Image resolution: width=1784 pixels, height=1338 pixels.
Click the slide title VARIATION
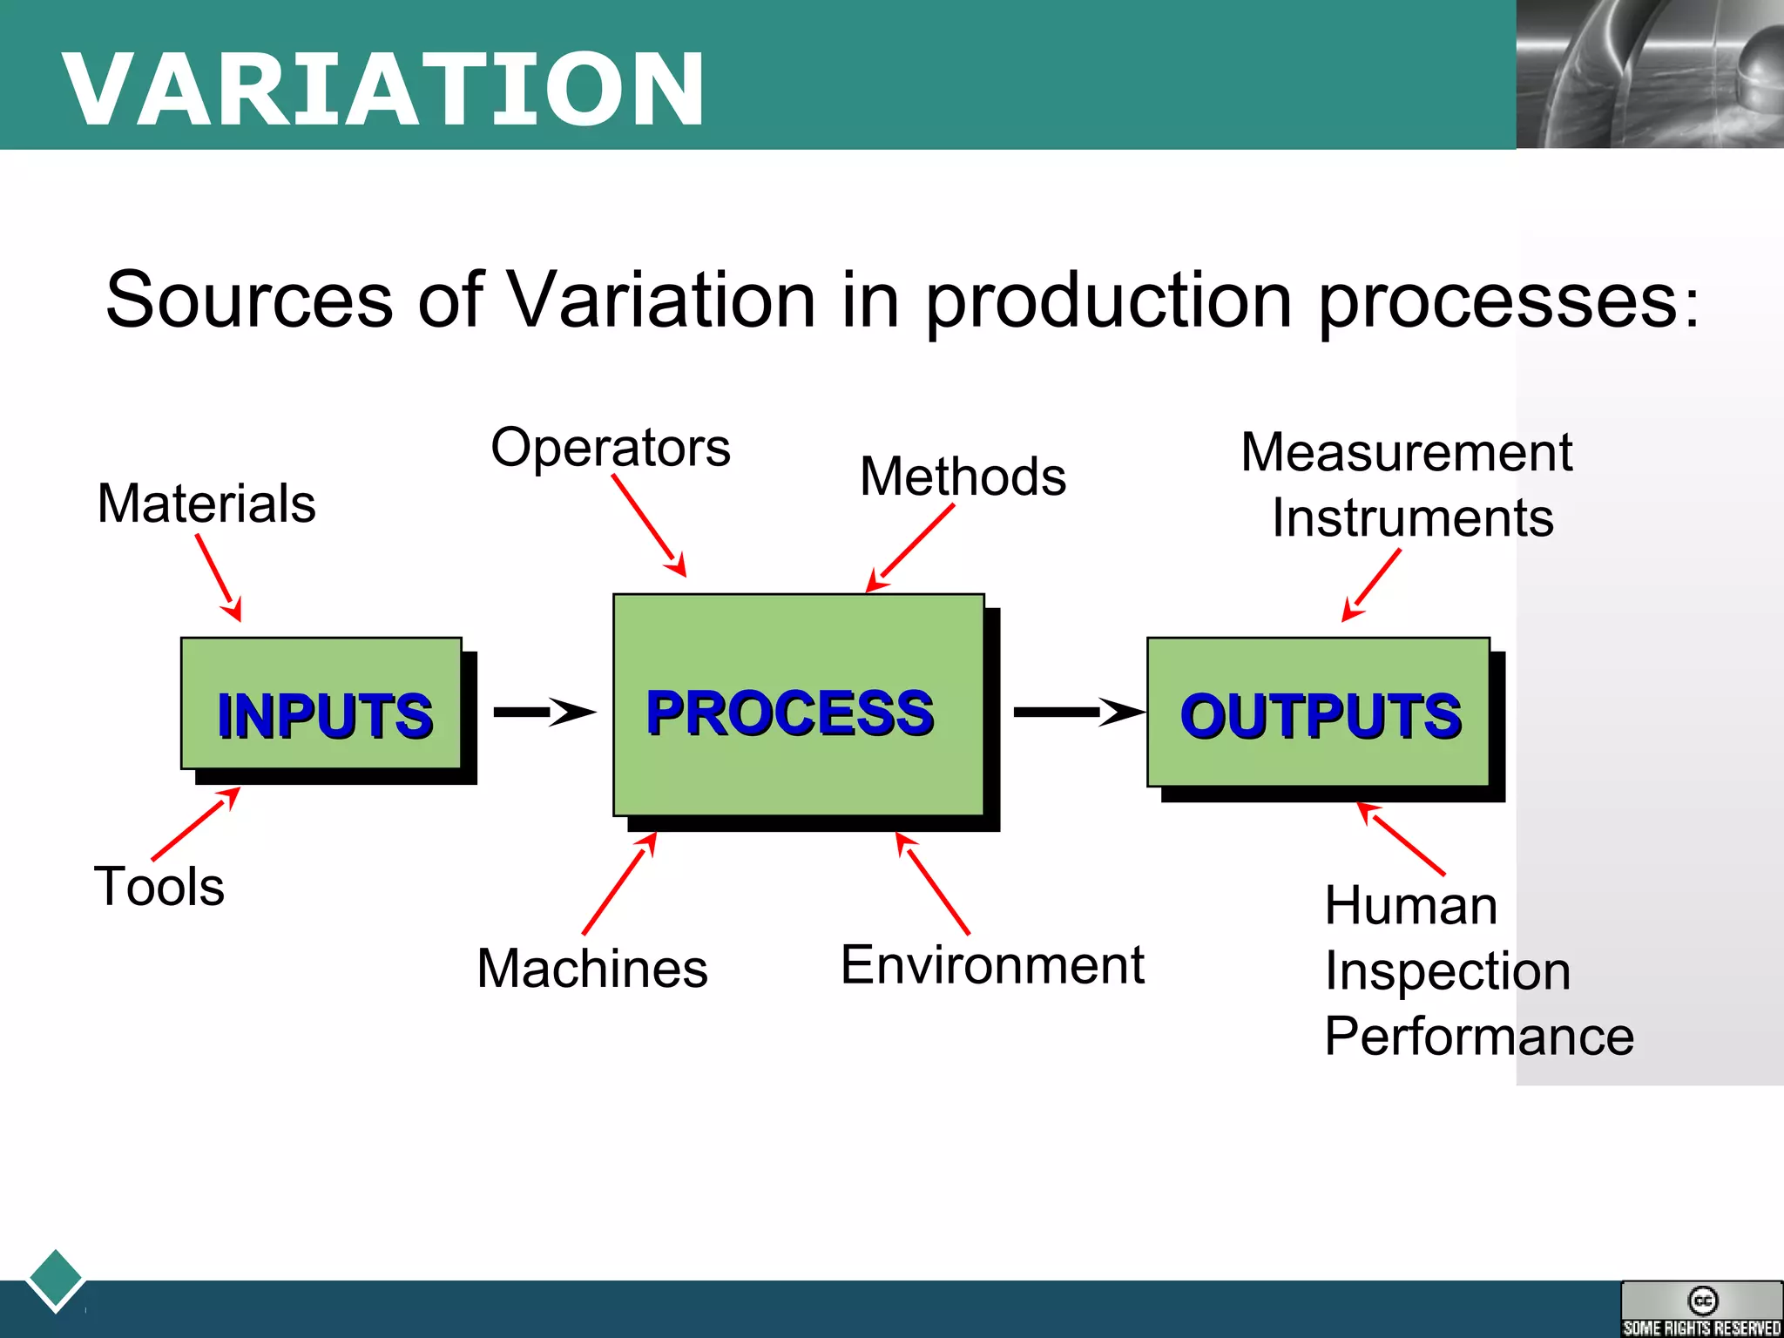(x=383, y=89)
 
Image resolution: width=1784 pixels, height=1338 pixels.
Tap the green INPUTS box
(x=321, y=704)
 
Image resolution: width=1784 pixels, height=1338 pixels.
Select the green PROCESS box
(x=798, y=706)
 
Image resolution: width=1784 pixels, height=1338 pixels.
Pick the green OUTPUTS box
(x=1318, y=713)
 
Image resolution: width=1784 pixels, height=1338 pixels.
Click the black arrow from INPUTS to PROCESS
(x=544, y=712)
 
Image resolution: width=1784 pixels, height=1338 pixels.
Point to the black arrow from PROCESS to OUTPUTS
(x=1078, y=712)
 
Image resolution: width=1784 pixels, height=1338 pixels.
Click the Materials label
(x=206, y=503)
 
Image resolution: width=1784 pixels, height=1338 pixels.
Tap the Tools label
(x=159, y=886)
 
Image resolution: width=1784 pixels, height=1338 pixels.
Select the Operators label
(x=611, y=448)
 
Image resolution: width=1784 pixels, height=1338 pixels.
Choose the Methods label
(x=963, y=476)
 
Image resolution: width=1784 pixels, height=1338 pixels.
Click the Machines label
(x=592, y=968)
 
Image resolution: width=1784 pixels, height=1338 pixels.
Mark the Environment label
(x=992, y=965)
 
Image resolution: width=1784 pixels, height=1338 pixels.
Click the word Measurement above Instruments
(x=1406, y=452)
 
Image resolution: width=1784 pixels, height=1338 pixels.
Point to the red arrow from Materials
(x=219, y=578)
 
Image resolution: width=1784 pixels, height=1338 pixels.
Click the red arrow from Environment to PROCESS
(x=933, y=883)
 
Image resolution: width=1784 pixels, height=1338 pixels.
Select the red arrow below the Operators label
(x=649, y=525)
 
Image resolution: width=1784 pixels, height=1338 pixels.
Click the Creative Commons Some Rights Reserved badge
(x=1701, y=1308)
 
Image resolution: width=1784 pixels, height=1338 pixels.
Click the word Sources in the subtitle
(x=249, y=300)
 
